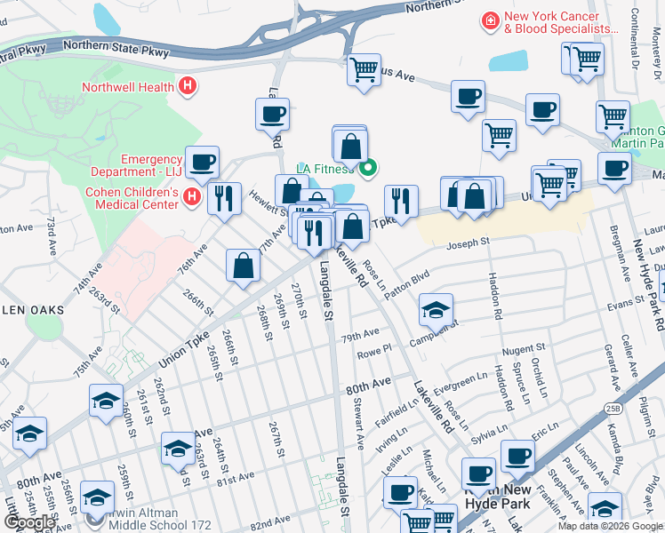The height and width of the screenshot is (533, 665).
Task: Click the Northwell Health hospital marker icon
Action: click(x=187, y=87)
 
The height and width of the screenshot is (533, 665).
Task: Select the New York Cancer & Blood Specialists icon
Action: click(x=489, y=20)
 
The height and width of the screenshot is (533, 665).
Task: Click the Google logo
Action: click(x=29, y=521)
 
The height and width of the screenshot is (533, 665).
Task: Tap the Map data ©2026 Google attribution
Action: click(x=610, y=526)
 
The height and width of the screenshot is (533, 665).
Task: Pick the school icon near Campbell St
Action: click(x=436, y=310)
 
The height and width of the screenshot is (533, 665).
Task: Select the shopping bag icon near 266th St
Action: click(x=243, y=266)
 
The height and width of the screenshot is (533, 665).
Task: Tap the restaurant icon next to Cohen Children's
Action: click(x=224, y=197)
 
